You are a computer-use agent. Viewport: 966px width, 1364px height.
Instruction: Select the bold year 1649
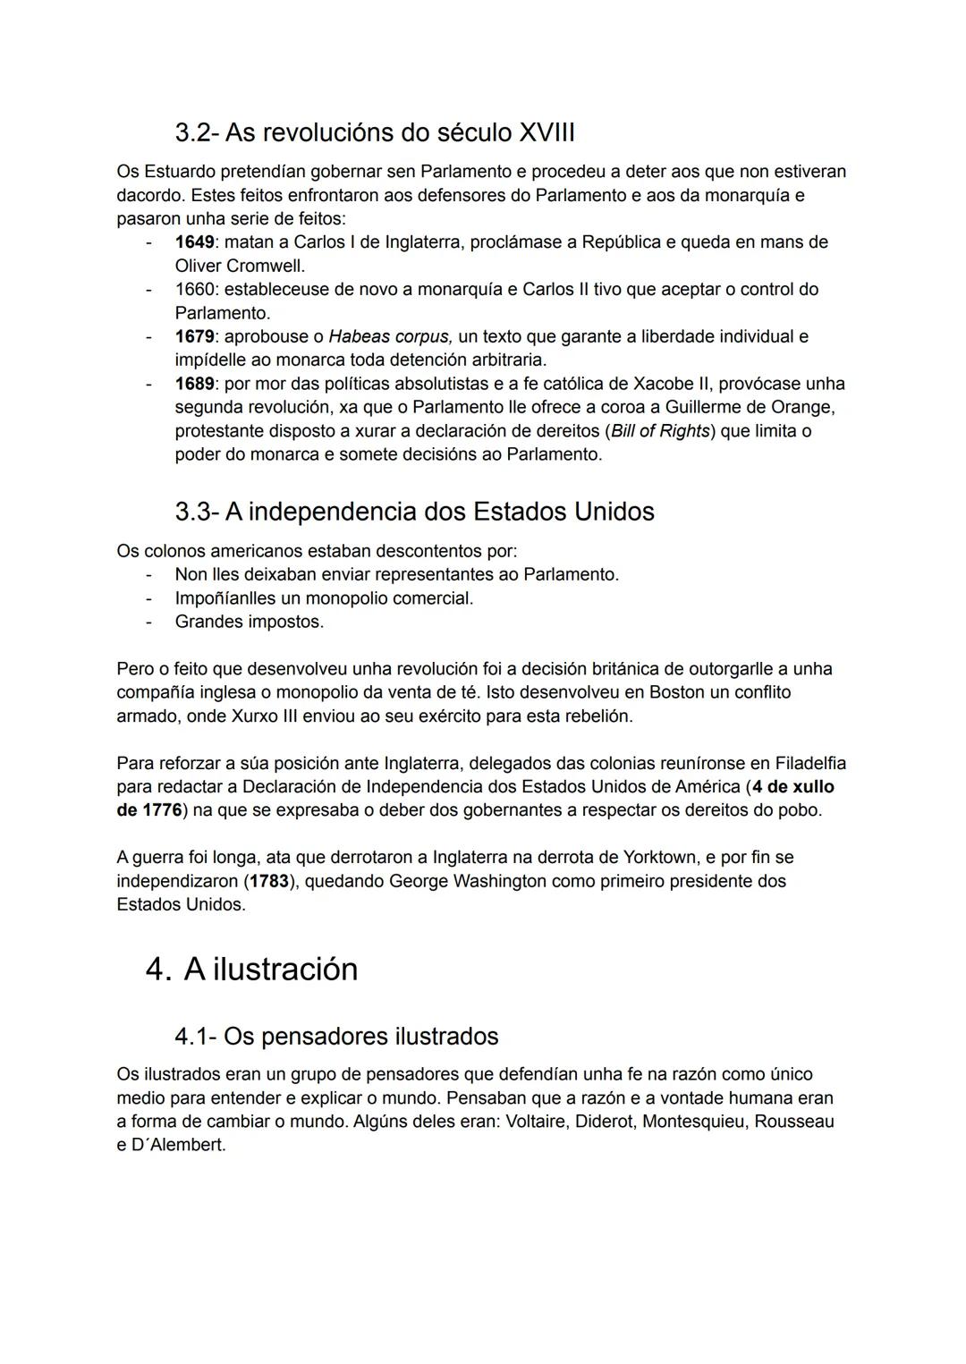pos(194,241)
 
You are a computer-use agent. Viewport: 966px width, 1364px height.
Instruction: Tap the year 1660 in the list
pos(194,289)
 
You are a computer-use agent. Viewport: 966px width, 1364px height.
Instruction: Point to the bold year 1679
pos(194,336)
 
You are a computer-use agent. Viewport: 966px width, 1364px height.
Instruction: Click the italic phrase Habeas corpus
pos(390,336)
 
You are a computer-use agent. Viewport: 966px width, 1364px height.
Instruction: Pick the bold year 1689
pos(194,384)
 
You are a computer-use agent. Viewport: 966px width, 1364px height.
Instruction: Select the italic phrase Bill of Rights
pos(660,431)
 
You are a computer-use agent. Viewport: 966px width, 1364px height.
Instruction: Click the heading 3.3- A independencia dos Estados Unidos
pos(414,512)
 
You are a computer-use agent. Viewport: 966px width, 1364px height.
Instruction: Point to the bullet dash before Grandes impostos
pos(149,622)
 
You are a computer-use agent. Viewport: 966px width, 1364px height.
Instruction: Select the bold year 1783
pos(268,881)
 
